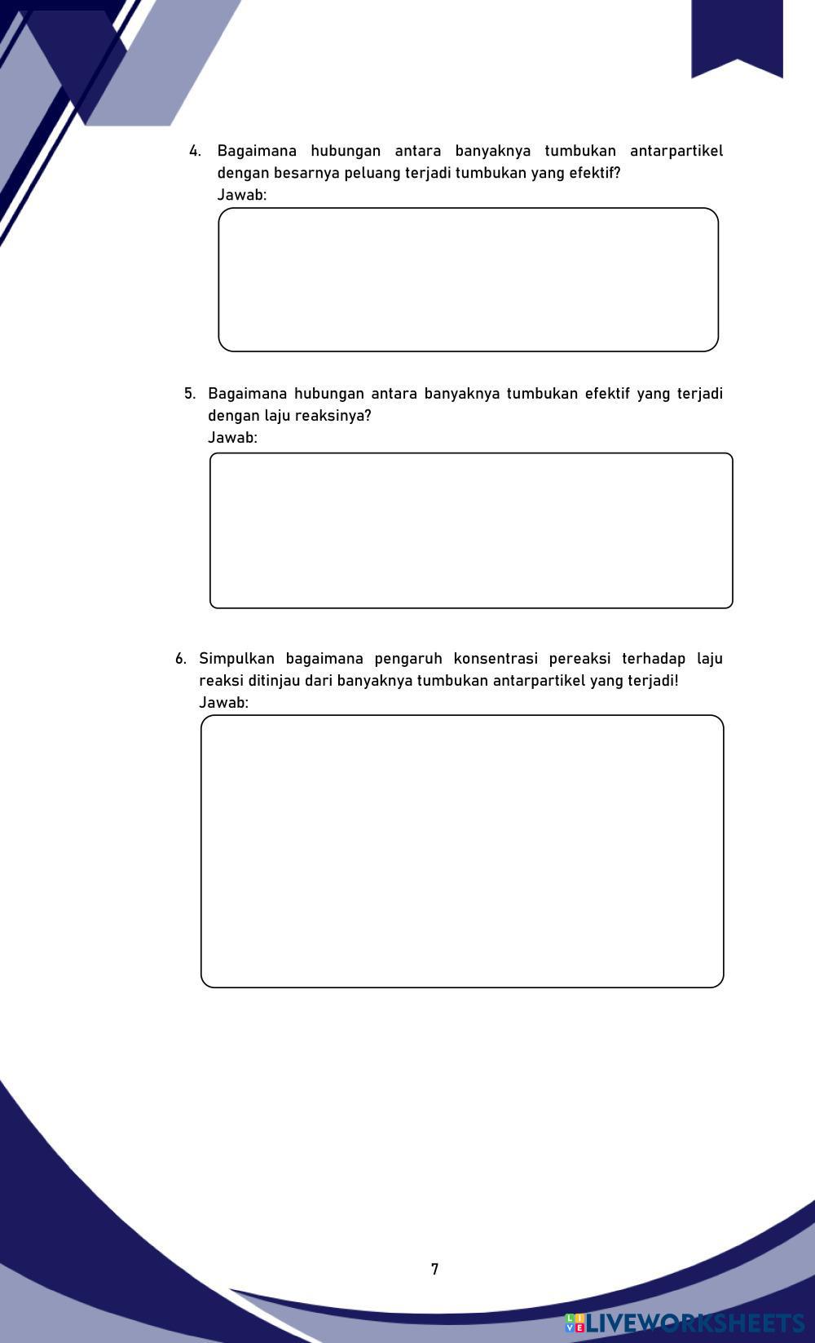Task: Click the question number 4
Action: (x=194, y=151)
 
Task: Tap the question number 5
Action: (x=190, y=394)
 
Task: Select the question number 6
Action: (x=180, y=659)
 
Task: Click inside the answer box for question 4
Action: (x=468, y=280)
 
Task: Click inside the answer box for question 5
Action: (x=471, y=531)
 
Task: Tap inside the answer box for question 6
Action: (x=462, y=851)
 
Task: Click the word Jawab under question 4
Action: (x=241, y=195)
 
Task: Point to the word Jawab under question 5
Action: (x=232, y=438)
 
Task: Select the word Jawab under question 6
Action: (x=223, y=703)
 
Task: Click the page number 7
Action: (x=434, y=1269)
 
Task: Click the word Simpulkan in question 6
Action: (x=236, y=659)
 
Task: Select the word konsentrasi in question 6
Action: (x=496, y=659)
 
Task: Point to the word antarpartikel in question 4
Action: (x=676, y=151)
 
